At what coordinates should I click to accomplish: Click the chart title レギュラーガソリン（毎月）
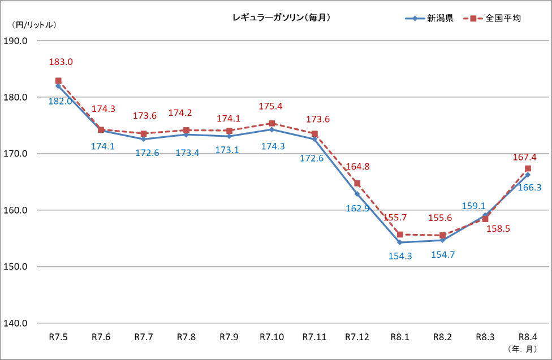pos(281,18)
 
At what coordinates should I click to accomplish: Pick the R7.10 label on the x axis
pos(271,337)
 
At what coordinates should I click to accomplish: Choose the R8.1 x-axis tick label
pos(400,337)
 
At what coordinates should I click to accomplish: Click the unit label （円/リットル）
pos(34,25)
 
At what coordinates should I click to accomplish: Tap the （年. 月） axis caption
pos(523,348)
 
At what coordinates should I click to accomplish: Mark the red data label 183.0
pos(61,62)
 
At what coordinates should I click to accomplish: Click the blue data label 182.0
pos(60,101)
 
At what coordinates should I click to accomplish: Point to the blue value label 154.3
pos(400,255)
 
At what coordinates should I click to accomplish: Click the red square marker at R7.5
pos(58,81)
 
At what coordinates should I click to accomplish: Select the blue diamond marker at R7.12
pos(357,194)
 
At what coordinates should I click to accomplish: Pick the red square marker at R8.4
pos(528,168)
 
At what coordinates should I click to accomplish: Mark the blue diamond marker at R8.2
pos(442,240)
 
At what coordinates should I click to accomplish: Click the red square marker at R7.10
pos(271,123)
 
